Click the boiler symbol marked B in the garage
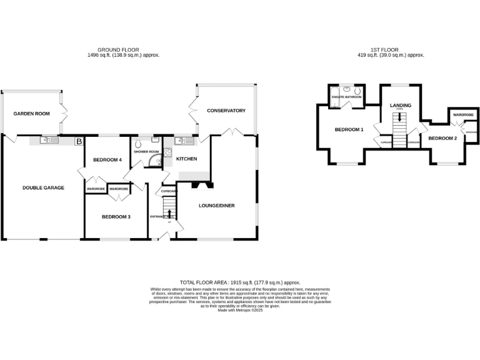[x=78, y=142]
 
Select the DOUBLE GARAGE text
[x=43, y=187]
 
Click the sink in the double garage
[x=48, y=140]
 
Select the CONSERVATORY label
[x=226, y=111]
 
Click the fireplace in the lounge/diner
[x=201, y=185]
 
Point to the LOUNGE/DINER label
[x=216, y=205]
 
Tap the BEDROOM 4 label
[x=107, y=160]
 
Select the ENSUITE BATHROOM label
[x=347, y=97]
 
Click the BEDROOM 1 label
[x=349, y=129]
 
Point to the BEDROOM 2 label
[x=442, y=137]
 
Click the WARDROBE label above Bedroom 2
[x=463, y=115]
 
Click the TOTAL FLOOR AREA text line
[x=240, y=283]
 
